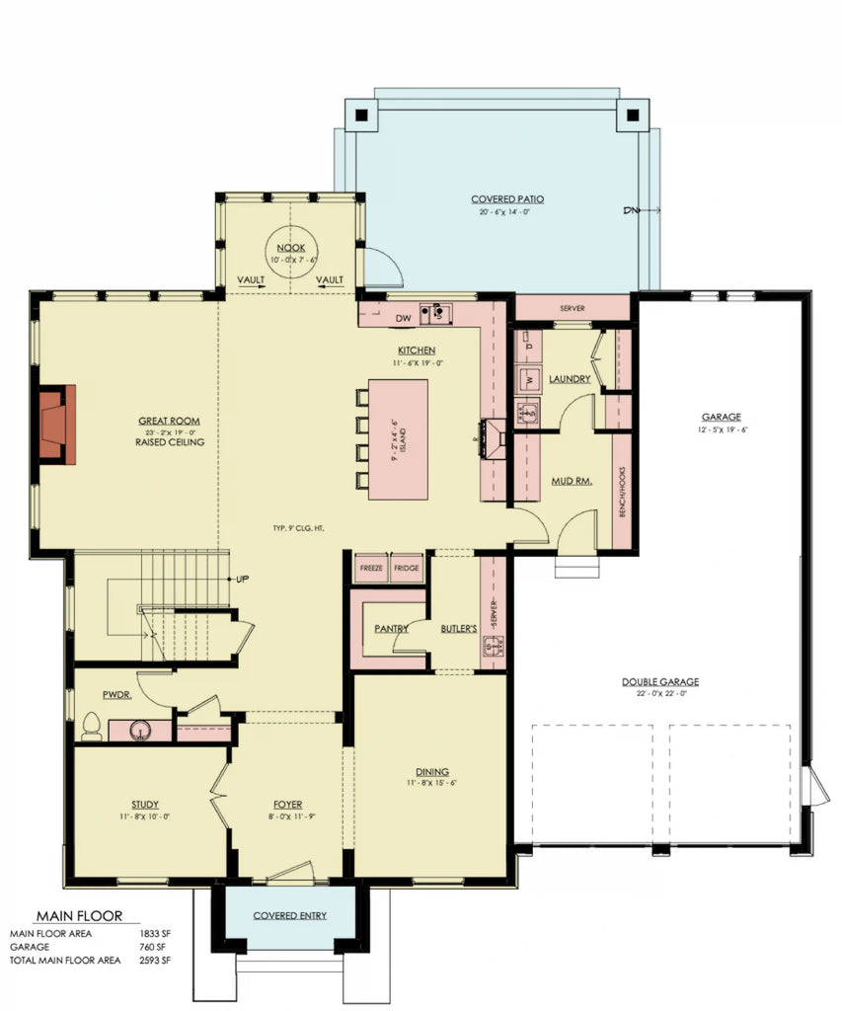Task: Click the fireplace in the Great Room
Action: click(57, 424)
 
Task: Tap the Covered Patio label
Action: click(507, 199)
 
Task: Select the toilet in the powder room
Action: click(91, 728)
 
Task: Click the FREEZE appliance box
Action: click(371, 570)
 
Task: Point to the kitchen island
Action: click(399, 438)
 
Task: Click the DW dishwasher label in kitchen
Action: click(403, 319)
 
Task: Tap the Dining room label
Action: click(432, 772)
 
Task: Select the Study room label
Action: click(145, 805)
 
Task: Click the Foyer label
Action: click(287, 805)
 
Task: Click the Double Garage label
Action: click(660, 682)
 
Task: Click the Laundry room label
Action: click(572, 379)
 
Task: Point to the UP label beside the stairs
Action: click(242, 579)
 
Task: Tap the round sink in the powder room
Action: click(140, 732)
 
